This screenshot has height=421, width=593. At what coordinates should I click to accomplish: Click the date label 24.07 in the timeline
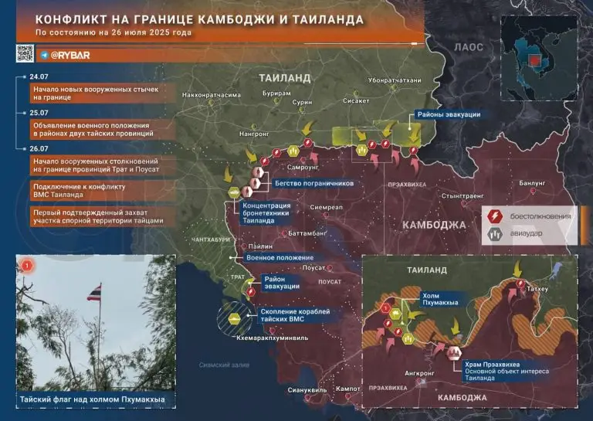[x=37, y=78]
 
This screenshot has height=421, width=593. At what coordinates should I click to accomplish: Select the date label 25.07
[x=37, y=112]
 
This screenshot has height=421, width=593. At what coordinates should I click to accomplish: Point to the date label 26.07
[x=37, y=148]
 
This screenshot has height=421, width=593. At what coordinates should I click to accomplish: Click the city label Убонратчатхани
[x=395, y=81]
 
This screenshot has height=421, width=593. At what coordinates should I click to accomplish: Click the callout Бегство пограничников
[x=313, y=185]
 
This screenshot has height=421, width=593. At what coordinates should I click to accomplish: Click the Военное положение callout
[x=279, y=257]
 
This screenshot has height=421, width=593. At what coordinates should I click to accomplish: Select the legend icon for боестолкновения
[x=493, y=216]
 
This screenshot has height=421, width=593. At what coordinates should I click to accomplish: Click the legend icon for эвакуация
[x=493, y=233]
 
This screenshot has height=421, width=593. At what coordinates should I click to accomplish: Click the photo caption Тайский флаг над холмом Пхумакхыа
[x=93, y=399]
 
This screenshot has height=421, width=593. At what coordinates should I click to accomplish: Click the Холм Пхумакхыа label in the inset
[x=439, y=298]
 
